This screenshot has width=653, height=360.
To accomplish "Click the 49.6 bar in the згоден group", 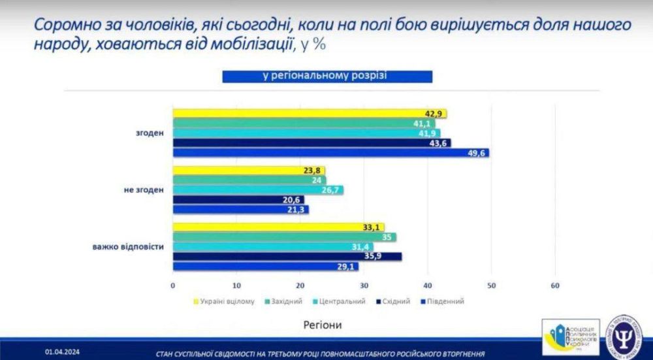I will (330, 153).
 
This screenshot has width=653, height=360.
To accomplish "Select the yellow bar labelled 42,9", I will (309, 114).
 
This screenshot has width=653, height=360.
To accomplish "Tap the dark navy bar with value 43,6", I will (311, 143).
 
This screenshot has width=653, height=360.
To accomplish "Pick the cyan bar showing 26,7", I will (257, 190).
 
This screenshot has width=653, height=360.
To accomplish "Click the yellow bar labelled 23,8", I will (248, 171).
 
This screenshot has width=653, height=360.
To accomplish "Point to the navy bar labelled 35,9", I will (287, 257).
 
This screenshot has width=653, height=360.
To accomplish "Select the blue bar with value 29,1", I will (265, 267).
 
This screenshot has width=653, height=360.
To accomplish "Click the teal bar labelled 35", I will (284, 237).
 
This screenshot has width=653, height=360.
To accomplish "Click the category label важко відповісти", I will (128, 247).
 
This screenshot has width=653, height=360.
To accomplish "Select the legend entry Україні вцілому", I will (223, 301).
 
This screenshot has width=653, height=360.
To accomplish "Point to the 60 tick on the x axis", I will (555, 286).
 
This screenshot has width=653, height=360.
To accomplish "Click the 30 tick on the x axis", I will (364, 286).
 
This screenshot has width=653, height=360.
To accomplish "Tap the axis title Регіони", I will (323, 323).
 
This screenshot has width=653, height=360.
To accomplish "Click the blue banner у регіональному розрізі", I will (327, 76).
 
